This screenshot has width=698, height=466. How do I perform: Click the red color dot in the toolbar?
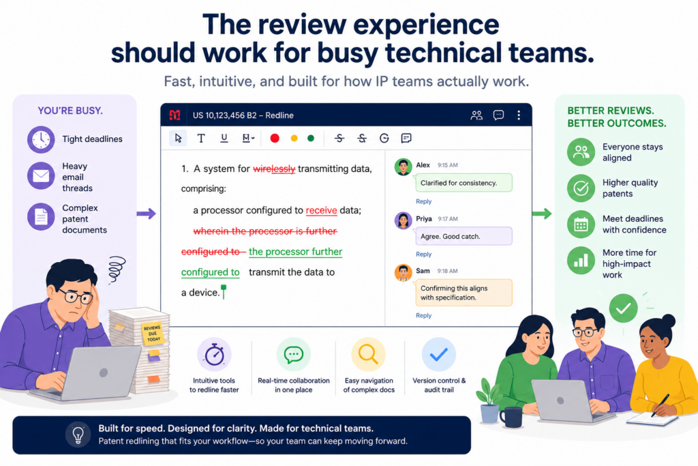(x=275, y=138)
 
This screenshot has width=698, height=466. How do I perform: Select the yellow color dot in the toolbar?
(x=294, y=138)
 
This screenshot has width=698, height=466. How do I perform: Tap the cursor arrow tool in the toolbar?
(x=178, y=138)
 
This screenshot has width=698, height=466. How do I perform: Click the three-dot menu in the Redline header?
(x=519, y=115)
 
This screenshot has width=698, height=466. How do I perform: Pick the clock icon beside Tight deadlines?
(x=41, y=139)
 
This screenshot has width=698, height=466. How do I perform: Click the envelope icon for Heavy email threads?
(x=41, y=176)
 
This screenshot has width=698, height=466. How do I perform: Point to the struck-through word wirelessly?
(x=274, y=169)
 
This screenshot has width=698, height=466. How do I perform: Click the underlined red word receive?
(x=322, y=210)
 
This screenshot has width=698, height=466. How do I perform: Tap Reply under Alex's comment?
(x=423, y=201)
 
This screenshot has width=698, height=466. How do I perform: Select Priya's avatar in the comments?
(x=404, y=220)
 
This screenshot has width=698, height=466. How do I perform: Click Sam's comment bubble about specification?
(x=464, y=293)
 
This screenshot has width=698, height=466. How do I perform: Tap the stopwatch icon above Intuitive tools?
(x=214, y=355)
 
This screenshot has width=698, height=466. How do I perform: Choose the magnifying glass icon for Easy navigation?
(x=369, y=355)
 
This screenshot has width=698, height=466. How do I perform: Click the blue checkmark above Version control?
(x=439, y=355)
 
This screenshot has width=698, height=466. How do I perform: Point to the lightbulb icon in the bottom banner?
(x=78, y=435)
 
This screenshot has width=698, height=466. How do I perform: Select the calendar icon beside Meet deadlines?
(x=581, y=224)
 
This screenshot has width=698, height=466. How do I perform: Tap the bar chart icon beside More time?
(x=581, y=261)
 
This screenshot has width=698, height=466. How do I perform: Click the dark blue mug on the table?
(x=511, y=418)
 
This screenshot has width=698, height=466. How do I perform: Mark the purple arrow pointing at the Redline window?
(x=146, y=214)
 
